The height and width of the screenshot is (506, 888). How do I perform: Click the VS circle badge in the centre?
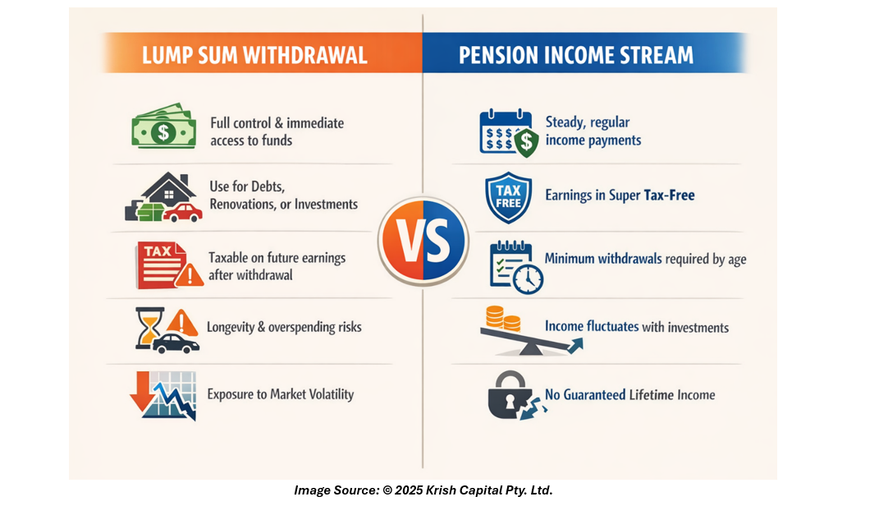[423, 241]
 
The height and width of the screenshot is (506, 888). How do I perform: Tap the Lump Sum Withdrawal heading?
[254, 55]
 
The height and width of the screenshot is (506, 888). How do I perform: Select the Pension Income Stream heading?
[575, 55]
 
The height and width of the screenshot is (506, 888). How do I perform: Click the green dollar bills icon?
[163, 126]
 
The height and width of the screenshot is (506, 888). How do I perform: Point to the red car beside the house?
[182, 213]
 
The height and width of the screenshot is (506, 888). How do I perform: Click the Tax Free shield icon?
[508, 197]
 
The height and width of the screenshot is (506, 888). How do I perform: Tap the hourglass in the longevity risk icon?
[149, 328]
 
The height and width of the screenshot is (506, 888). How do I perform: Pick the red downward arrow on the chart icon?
[142, 391]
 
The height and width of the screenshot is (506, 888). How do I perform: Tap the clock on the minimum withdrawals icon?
[528, 278]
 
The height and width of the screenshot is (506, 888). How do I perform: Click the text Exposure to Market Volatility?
[281, 394]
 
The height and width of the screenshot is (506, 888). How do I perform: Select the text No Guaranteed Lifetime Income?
[629, 394]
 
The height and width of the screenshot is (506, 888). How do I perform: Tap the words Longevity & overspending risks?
[284, 328]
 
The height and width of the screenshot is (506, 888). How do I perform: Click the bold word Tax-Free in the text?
[669, 195]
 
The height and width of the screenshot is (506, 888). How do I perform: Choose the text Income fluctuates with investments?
[637, 327]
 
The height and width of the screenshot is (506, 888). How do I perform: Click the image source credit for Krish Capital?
[423, 490]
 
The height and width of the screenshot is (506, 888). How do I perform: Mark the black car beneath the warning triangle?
[176, 343]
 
